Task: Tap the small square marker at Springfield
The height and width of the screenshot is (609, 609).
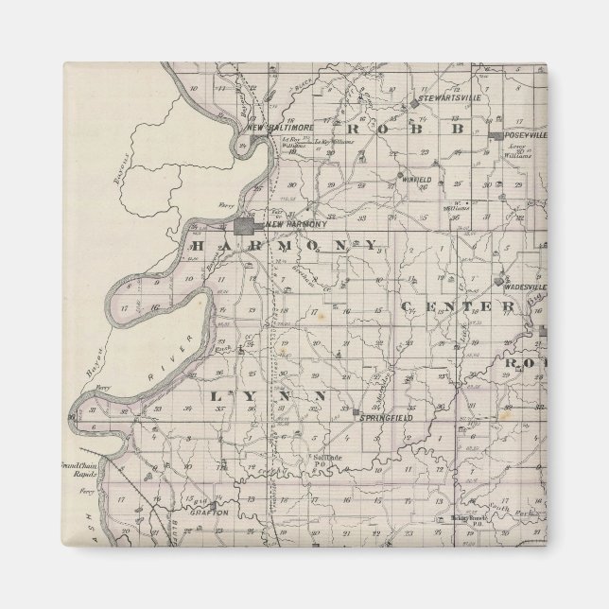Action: coord(357,415)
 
